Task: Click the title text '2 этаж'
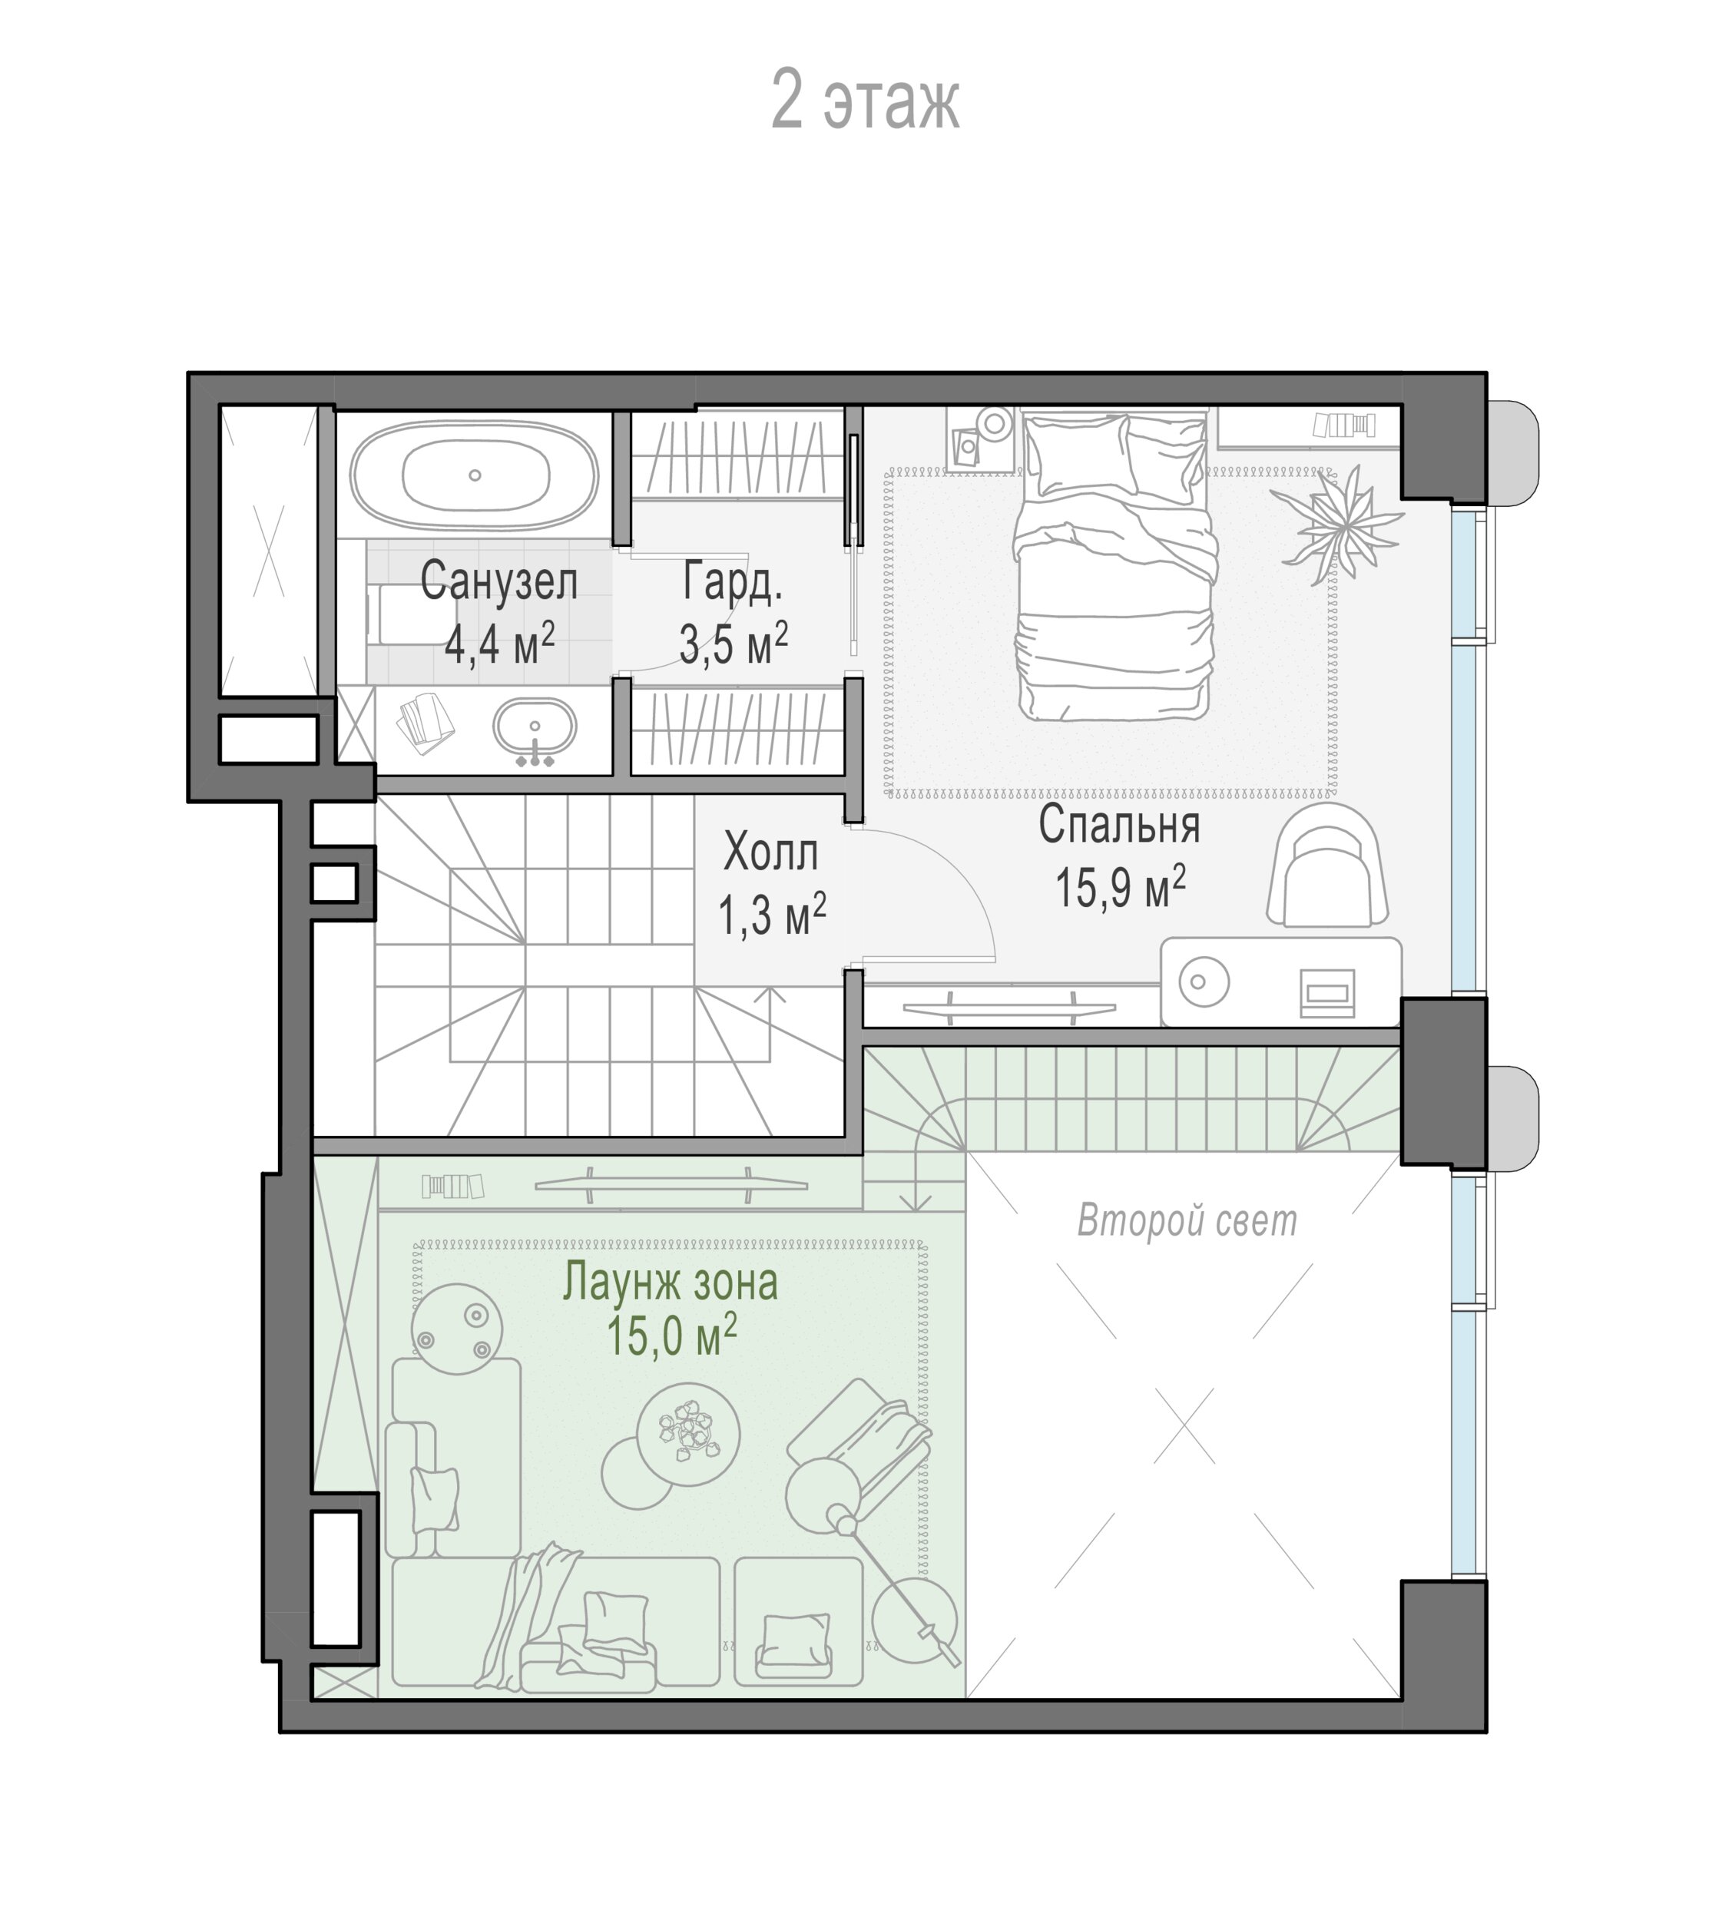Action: point(864,100)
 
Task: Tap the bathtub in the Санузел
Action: point(474,475)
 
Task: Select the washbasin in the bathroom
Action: point(535,730)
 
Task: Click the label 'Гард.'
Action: point(733,581)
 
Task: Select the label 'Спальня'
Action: point(1119,824)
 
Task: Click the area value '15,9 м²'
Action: point(1120,887)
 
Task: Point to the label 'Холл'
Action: point(771,852)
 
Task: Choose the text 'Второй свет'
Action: point(1187,1220)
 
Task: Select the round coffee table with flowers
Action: point(687,1434)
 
